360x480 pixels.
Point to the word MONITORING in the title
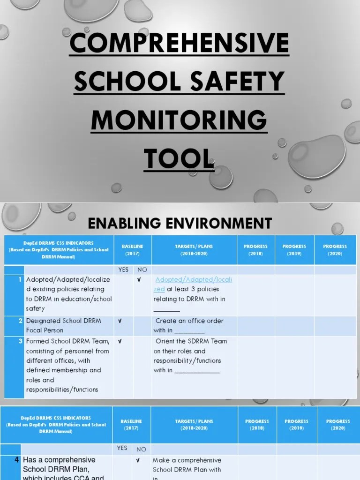[179, 120]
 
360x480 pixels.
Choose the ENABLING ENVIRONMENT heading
[180, 223]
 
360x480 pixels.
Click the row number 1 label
[21, 280]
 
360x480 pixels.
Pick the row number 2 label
[21, 321]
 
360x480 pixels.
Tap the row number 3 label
[21, 341]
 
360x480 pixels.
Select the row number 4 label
[17, 460]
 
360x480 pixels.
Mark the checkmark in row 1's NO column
[139, 280]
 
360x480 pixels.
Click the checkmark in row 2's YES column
[120, 321]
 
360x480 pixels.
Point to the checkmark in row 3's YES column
[120, 341]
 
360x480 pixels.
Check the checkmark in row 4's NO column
[138, 460]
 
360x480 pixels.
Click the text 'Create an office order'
[189, 321]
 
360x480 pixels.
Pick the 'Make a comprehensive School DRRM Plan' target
[187, 465]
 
